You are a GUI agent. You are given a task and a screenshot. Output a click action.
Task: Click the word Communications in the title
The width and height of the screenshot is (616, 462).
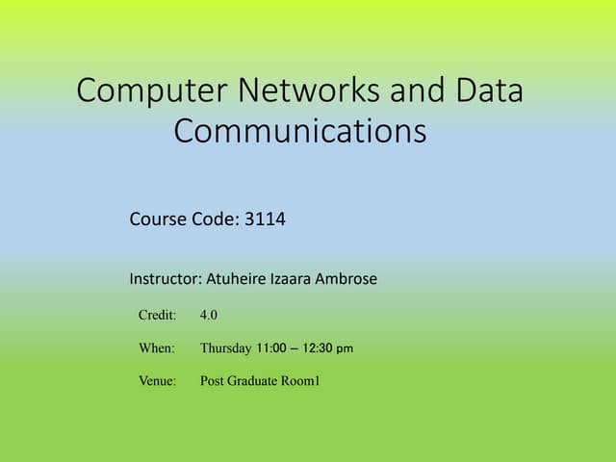(x=299, y=130)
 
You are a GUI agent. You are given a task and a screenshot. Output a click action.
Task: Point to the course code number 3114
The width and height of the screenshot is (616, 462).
(x=265, y=219)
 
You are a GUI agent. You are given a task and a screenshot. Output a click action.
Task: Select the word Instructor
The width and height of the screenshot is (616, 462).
(x=165, y=279)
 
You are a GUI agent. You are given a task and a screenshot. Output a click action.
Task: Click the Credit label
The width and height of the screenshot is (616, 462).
(x=157, y=315)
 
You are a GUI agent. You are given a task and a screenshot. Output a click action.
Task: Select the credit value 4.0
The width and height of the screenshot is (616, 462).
(x=209, y=315)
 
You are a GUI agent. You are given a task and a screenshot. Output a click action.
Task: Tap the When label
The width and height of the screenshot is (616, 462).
(x=157, y=347)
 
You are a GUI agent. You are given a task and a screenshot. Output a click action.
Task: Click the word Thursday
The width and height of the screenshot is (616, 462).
(x=225, y=347)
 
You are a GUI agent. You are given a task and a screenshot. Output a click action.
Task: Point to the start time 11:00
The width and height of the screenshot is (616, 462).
(x=272, y=347)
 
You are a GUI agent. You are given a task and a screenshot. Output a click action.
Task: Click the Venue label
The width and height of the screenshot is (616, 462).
(x=158, y=381)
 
